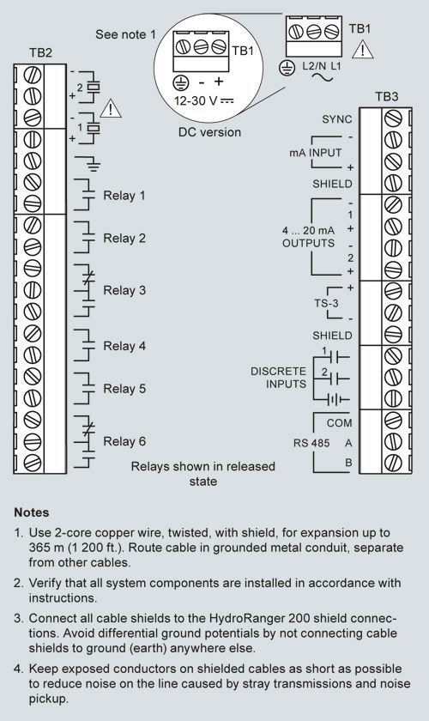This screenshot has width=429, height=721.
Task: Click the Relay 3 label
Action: point(124,291)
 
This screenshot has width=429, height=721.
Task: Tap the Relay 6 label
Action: point(124,441)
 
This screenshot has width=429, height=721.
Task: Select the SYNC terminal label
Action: point(337,119)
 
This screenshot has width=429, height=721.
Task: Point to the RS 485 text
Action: point(311,443)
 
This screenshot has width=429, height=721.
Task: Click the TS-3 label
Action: point(326,304)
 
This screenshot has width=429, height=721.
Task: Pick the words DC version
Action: point(209,132)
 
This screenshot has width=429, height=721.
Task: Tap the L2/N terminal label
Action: point(313,66)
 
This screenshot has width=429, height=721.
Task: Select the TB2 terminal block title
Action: point(40,53)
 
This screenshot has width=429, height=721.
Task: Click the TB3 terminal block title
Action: point(386,96)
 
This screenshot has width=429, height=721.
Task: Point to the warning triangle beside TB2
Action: point(111,109)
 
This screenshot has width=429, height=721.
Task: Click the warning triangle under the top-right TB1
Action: point(363,49)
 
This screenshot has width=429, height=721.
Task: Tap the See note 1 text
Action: point(125,34)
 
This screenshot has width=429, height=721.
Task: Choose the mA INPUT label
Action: point(316,152)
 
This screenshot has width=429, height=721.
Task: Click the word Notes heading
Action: point(32,512)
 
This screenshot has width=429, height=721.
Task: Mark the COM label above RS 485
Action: point(339,423)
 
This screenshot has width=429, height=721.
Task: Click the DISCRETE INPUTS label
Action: point(278,378)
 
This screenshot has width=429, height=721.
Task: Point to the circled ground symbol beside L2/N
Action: point(287,69)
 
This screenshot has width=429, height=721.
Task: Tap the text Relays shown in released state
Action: point(202,474)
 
